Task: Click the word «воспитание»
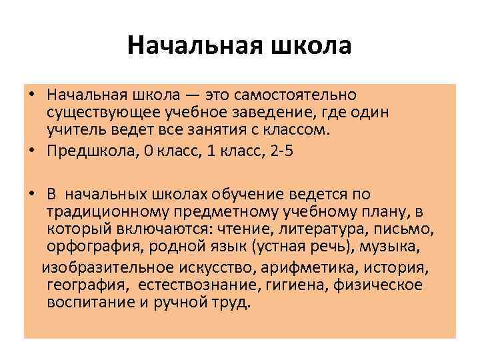pyautogui.click(x=85, y=302)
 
